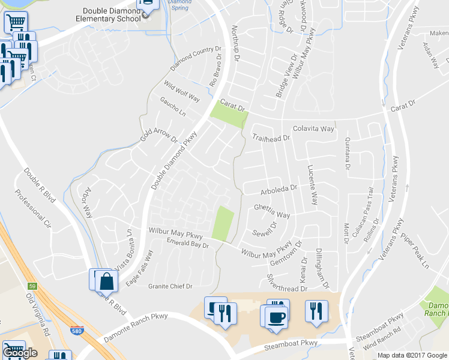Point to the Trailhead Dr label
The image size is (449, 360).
tap(271, 138)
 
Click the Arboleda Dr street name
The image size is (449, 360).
tap(279, 188)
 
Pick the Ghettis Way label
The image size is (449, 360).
tap(271, 211)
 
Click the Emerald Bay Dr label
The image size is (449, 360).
tap(187, 244)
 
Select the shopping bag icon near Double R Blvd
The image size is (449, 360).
tap(106, 280)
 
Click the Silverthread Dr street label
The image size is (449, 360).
tap(287, 284)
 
